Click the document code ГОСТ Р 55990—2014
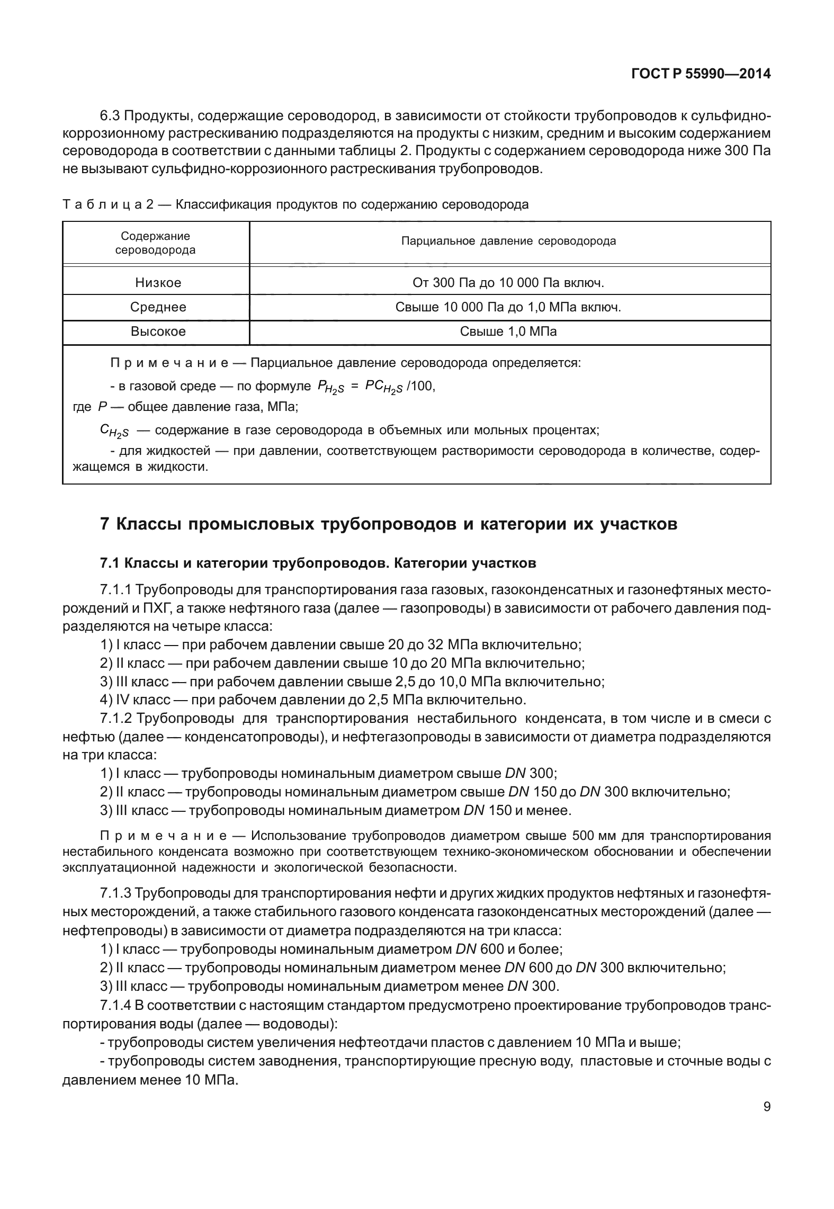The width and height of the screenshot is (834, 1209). coord(701,74)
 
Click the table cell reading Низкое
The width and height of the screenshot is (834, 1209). coord(158,283)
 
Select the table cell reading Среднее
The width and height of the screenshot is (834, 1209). coord(158,307)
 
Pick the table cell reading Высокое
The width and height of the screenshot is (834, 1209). coord(158,332)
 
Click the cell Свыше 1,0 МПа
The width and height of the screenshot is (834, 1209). coord(508,332)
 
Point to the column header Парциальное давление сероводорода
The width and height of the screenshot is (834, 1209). coord(508,241)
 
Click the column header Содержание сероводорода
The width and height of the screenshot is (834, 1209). coord(155,243)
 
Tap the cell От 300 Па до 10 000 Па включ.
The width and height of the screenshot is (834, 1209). coord(508,283)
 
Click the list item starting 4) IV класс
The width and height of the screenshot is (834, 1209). coord(312,700)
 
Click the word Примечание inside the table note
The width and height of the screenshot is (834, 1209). coord(169,363)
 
